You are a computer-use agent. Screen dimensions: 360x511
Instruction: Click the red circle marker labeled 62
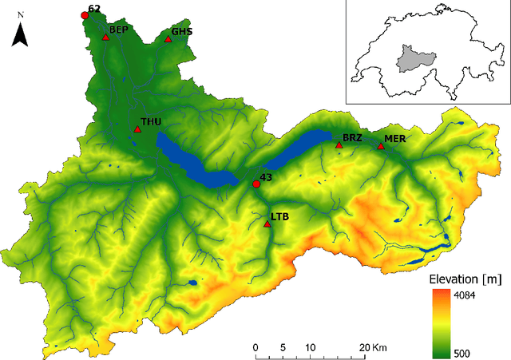pyautogui.click(x=85, y=15)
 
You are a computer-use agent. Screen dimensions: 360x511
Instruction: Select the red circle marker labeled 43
pyautogui.click(x=256, y=184)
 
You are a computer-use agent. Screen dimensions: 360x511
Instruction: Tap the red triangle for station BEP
pyautogui.click(x=105, y=37)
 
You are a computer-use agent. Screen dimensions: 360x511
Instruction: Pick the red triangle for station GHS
pyautogui.click(x=168, y=38)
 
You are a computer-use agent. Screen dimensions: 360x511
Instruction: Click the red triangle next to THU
pyautogui.click(x=137, y=129)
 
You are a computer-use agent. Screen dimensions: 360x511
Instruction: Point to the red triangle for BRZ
pyautogui.click(x=339, y=145)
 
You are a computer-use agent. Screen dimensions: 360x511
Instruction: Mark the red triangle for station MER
pyautogui.click(x=380, y=145)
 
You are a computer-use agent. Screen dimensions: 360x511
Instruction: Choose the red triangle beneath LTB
pyautogui.click(x=267, y=224)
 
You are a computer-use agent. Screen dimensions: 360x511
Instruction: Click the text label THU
pyautogui.click(x=151, y=122)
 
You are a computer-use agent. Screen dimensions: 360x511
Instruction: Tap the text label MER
pyautogui.click(x=394, y=139)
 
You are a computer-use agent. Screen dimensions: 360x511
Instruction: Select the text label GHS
pyautogui.click(x=182, y=31)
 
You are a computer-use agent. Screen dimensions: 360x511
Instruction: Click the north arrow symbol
pyautogui.click(x=22, y=34)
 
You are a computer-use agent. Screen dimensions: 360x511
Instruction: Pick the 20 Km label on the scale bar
pyautogui.click(x=374, y=347)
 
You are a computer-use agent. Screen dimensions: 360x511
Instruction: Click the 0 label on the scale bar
pyautogui.click(x=255, y=347)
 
